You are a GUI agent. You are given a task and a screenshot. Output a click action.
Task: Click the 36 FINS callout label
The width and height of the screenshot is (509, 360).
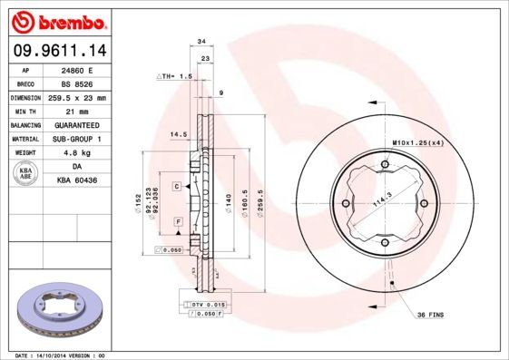[429, 315]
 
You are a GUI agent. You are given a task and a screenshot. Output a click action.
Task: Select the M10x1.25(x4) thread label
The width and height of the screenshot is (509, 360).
[416, 143]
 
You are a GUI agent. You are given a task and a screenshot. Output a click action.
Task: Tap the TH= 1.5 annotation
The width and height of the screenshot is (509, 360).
[175, 78]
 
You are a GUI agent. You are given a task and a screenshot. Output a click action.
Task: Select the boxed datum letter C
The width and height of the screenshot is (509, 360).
[177, 185]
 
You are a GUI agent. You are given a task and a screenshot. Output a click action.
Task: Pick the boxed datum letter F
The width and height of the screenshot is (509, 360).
[178, 221]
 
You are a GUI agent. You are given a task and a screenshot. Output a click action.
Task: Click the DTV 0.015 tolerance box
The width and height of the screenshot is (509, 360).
[206, 305]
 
